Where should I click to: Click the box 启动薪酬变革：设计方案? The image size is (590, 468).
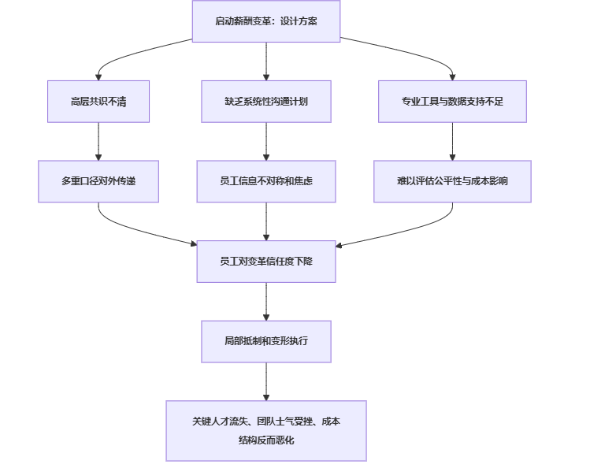[x=266, y=20]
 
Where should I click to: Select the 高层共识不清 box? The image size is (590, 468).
[x=98, y=102]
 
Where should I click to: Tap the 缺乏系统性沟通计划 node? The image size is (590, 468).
[x=266, y=102]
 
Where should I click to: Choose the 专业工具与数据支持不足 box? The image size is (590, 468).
[x=452, y=102]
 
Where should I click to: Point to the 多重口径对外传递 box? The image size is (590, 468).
[x=98, y=181]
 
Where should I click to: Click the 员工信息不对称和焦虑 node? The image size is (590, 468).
[x=266, y=181]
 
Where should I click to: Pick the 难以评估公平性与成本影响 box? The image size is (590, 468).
[x=452, y=181]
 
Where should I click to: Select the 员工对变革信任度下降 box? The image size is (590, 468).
[x=266, y=261]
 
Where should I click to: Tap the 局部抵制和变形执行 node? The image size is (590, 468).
[x=266, y=341]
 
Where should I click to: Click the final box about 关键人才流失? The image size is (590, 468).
[x=266, y=431]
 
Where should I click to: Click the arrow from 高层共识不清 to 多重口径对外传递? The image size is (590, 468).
[x=98, y=142]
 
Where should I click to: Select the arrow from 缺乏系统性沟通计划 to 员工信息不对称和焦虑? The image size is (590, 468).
[x=266, y=142]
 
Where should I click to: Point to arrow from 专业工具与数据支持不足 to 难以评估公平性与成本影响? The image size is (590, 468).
[x=452, y=142]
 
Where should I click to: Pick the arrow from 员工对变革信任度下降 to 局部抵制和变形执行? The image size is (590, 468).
[x=266, y=301]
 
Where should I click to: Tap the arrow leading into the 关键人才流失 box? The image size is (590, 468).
[x=266, y=381]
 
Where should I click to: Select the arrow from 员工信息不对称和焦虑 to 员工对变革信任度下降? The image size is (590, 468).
[x=266, y=221]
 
